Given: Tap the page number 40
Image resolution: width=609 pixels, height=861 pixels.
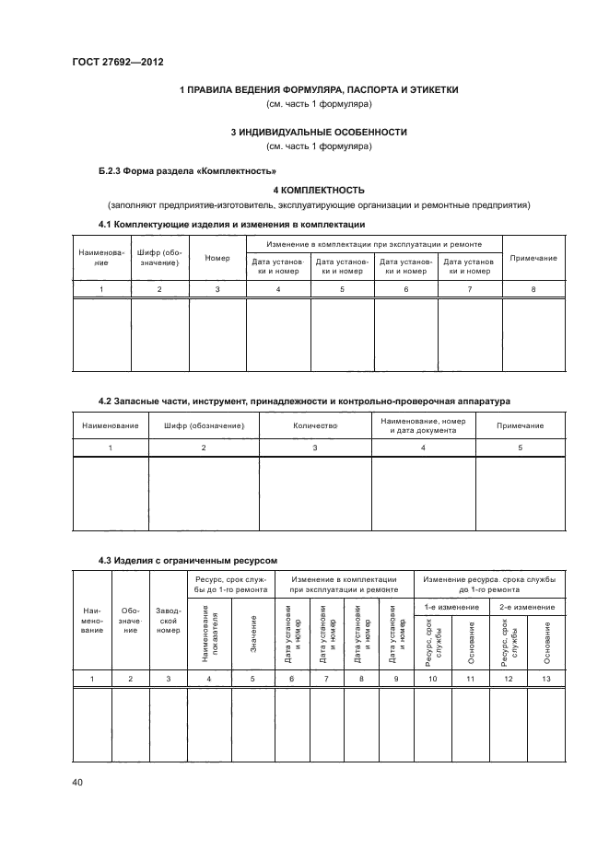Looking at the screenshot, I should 76,783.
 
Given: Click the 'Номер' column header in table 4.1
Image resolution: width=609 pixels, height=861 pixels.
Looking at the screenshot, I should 217,258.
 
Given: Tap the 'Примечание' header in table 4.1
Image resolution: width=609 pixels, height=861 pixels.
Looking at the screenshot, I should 533,258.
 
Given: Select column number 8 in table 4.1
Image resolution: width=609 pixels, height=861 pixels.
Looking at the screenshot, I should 533,290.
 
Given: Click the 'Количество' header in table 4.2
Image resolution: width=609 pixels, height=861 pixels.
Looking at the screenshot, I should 315,426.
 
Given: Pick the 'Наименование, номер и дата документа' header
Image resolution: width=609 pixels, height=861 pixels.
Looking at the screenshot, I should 422,426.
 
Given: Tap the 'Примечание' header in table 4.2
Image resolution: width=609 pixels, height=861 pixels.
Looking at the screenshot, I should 520,426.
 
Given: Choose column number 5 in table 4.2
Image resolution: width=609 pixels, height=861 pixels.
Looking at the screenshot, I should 520,448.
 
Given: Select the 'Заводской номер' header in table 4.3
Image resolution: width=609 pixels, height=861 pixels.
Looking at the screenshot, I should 169,620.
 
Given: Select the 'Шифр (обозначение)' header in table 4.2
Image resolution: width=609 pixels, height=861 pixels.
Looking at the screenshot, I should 204,426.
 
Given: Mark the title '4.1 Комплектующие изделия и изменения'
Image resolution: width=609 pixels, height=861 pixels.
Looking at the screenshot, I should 231,225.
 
